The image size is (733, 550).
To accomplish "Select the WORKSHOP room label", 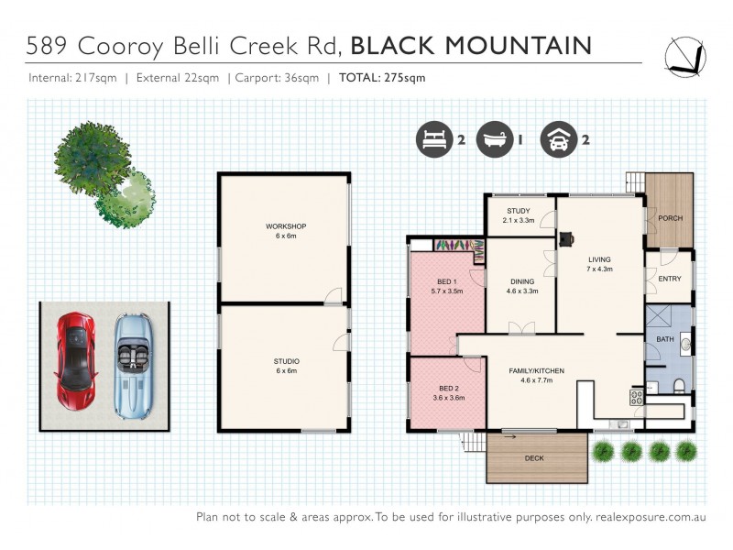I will tap(285, 225).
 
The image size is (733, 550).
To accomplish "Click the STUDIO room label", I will tap(286, 361).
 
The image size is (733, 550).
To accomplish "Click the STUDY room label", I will tap(519, 212).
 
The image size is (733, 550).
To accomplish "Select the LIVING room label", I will tap(598, 259).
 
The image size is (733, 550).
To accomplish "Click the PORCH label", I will tap(671, 217).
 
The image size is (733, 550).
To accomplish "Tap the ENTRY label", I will tap(670, 279).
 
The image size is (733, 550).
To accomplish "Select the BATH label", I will tap(664, 339).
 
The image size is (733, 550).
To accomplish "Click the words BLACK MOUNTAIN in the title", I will tap(471, 45).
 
